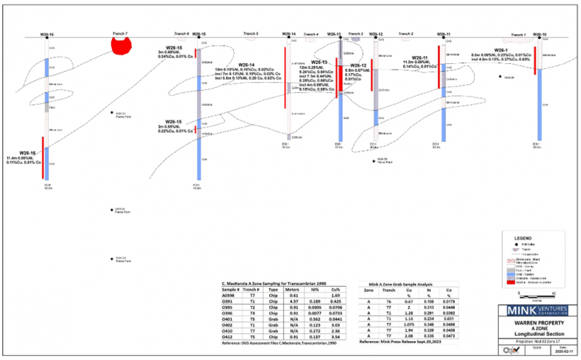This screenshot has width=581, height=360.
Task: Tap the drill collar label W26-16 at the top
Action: [47, 34]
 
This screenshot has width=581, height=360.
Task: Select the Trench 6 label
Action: [181, 33]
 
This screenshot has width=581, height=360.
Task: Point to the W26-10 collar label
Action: [540, 34]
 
